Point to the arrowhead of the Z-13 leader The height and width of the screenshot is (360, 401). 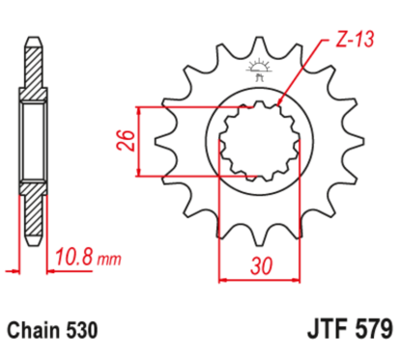pos(278,103)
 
